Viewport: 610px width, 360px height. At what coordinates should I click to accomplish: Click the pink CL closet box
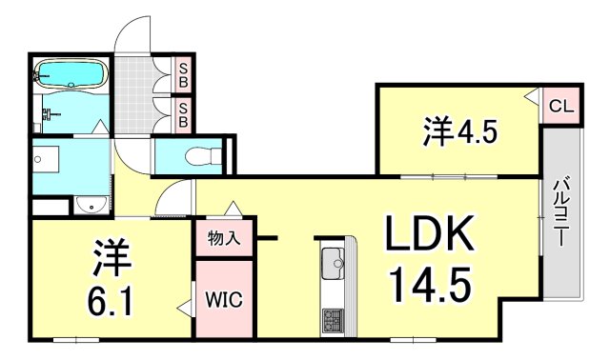pyautogui.click(x=559, y=106)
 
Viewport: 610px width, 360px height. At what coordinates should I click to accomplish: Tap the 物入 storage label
pyautogui.click(x=224, y=239)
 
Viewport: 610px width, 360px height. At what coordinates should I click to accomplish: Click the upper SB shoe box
pyautogui.click(x=183, y=73)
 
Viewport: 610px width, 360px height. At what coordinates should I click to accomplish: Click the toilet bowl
pyautogui.click(x=197, y=156)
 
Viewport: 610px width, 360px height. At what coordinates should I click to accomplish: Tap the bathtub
pyautogui.click(x=71, y=73)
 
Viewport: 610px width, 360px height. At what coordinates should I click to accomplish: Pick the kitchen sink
pyautogui.click(x=333, y=259)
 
